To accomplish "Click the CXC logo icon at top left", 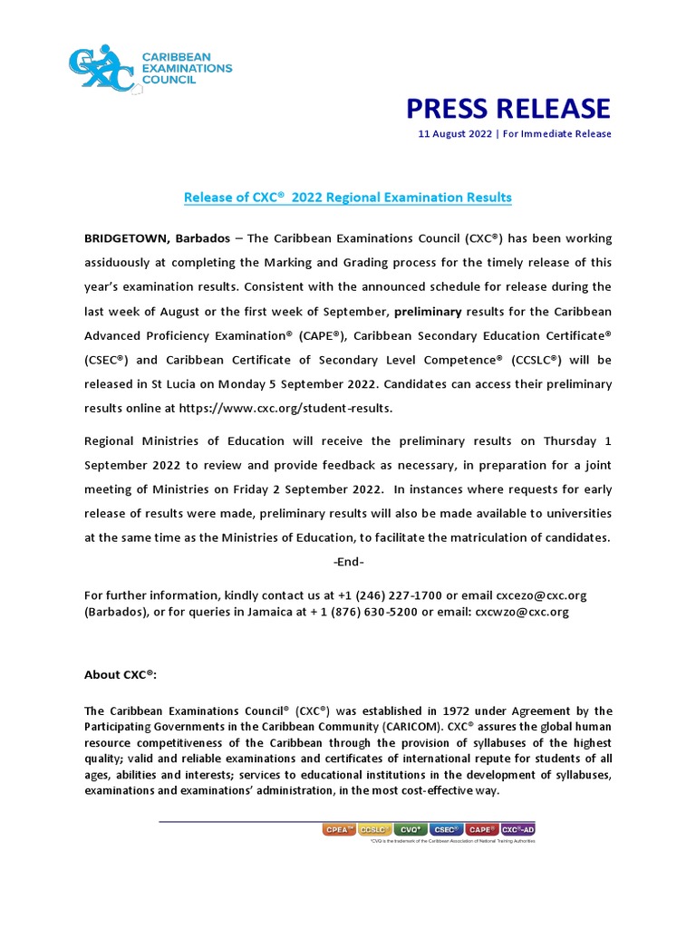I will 101,67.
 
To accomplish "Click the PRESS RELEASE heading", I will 507,109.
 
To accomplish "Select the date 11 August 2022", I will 455,134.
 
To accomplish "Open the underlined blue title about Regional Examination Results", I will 348,197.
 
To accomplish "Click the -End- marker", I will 348,562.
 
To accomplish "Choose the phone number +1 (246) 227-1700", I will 400,595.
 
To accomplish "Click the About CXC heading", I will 121,674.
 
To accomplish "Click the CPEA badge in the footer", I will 338,828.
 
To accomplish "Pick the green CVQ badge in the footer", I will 411,828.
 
